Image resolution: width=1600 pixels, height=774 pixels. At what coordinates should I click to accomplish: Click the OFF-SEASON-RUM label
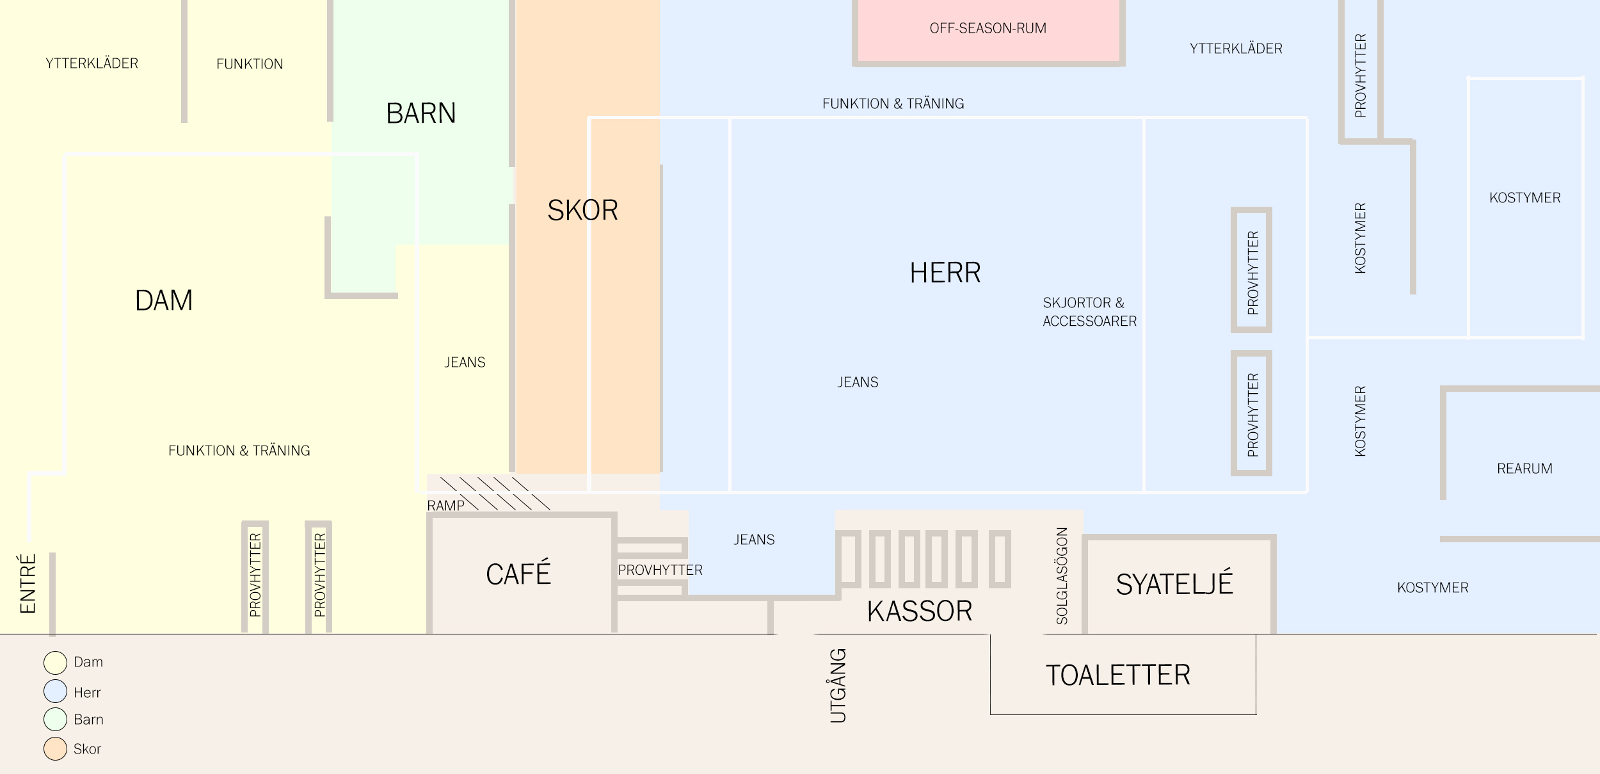[x=988, y=28]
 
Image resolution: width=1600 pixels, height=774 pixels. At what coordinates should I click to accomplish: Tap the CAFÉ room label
[x=518, y=574]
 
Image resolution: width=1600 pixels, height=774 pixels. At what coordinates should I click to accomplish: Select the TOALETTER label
[x=1117, y=675]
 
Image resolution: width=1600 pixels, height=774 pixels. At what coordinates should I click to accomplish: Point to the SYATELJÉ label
[x=1174, y=584]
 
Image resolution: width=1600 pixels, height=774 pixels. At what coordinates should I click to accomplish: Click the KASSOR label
[x=919, y=611]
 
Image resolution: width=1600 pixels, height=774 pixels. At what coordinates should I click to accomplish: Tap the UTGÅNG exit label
[x=838, y=686]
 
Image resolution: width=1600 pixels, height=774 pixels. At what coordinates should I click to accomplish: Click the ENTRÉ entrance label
[x=28, y=584]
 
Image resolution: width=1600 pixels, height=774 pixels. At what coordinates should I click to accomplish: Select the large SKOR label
[x=582, y=210]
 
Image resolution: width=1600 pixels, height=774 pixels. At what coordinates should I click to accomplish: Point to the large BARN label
[x=420, y=113]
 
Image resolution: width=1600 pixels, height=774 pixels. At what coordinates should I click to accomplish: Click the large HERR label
[x=945, y=273]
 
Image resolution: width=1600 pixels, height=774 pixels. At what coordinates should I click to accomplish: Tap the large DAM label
[x=164, y=300]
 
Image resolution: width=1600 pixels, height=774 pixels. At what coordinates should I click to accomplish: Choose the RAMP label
[x=445, y=505]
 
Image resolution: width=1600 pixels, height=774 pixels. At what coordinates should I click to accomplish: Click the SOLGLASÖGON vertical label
[x=1062, y=576]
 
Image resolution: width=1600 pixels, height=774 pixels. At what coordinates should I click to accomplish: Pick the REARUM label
[x=1524, y=469]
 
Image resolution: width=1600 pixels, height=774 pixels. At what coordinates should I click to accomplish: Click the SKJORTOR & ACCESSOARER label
[x=1089, y=312]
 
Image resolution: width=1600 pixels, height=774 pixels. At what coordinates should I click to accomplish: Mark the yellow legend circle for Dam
[x=55, y=663]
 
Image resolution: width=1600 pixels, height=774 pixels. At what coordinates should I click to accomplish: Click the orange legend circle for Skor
[x=55, y=748]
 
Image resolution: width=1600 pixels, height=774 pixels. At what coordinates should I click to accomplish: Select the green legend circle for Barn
[x=55, y=719]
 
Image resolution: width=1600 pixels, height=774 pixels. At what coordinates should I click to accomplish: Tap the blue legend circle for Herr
[x=55, y=691]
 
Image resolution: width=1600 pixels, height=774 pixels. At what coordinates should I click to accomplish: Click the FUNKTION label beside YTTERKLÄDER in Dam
[x=250, y=64]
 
